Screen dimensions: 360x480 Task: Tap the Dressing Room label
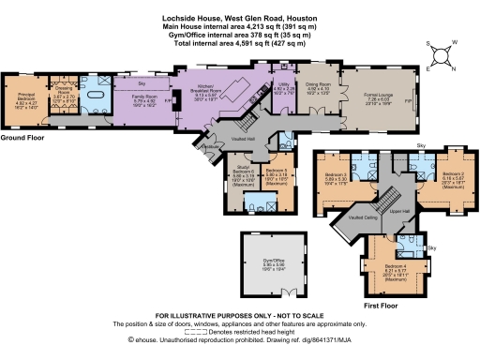(x=63, y=96)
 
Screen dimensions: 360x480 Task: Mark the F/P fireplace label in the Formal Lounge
(x=405, y=98)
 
